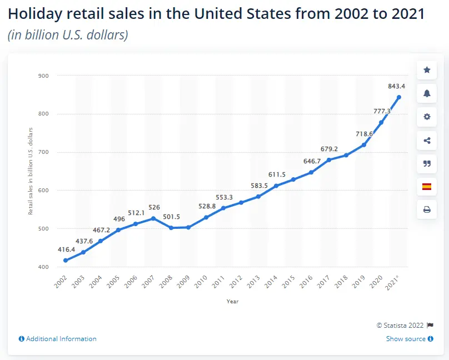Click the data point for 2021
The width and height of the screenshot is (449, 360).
398,97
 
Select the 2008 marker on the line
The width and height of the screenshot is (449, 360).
171,228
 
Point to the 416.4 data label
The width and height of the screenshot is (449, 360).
67,250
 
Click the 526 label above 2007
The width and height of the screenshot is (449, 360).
154,208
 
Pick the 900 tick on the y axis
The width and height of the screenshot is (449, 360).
43,76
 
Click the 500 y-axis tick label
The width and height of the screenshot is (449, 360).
43,229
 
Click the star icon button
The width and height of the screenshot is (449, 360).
427,70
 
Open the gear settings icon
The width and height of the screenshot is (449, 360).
427,117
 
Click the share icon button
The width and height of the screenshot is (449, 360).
427,140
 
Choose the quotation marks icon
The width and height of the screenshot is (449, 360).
427,163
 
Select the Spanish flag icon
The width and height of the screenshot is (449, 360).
427,187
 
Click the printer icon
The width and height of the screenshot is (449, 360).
427,210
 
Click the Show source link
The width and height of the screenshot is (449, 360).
406,339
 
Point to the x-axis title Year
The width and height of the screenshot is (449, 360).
232,302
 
